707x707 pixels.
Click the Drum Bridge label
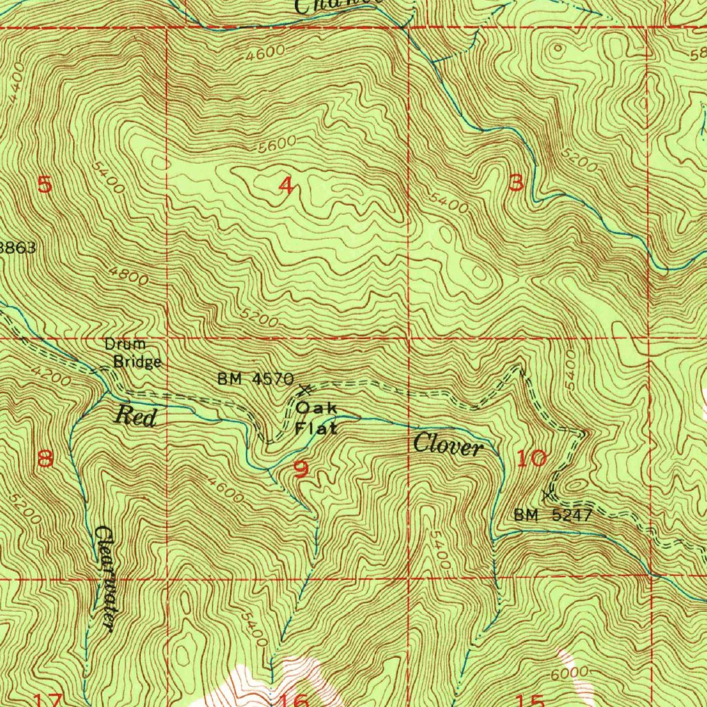coord(133,353)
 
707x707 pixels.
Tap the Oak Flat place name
coord(317,418)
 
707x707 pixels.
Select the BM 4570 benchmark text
coord(255,379)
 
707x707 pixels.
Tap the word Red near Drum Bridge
coord(135,416)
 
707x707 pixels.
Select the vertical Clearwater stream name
coord(104,577)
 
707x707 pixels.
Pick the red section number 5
coord(45,185)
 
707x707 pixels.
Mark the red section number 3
coord(516,183)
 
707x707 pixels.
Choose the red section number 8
coord(45,458)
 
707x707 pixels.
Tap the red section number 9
coord(301,469)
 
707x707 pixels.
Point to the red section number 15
coord(532,700)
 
